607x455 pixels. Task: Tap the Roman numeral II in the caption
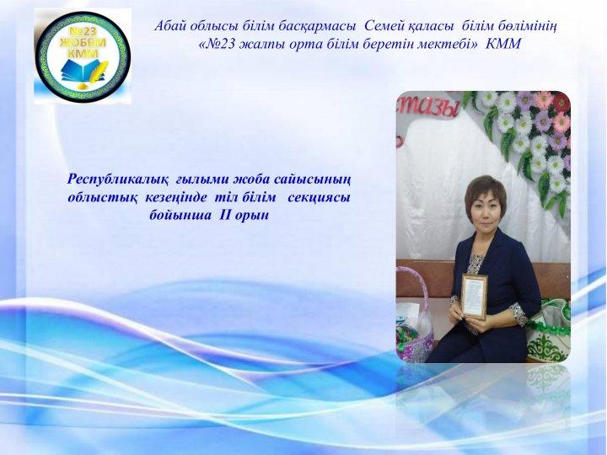[225, 215]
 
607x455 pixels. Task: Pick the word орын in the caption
[252, 216]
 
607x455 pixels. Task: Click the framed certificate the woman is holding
[475, 296]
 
